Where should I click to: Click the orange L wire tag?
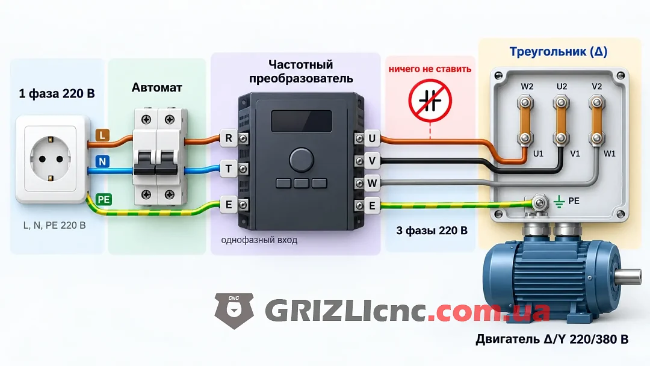point(102,135)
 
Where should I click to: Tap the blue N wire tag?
point(102,161)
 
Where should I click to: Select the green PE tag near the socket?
point(104,200)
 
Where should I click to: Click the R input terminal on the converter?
point(229,138)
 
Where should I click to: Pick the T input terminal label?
point(229,169)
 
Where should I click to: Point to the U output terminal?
point(372,138)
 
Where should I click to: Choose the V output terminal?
point(372,160)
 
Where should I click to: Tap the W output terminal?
point(372,183)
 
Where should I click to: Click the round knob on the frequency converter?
point(302,160)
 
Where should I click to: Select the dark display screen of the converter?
point(302,121)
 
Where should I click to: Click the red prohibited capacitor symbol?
point(430,101)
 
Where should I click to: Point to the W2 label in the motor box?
point(527,87)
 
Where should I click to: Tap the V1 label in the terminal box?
point(575,154)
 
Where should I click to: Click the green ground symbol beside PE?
point(559,202)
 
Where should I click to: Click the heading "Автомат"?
point(156,87)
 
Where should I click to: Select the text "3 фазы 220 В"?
point(432,231)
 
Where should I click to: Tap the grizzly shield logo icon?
point(234,311)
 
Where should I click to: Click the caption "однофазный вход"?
point(259,240)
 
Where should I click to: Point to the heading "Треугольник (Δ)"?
point(558,52)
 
